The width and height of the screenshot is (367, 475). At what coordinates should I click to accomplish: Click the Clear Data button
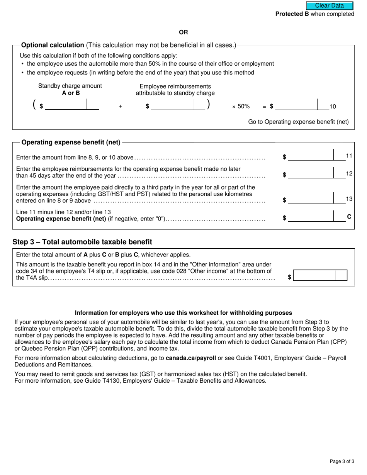pyautogui.click(x=330, y=6)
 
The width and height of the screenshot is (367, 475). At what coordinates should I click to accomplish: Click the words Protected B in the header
pyautogui.click(x=292, y=14)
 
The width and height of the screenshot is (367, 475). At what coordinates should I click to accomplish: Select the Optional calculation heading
pyautogui.click(x=53, y=45)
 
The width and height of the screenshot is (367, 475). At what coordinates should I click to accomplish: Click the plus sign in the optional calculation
pyautogui.click(x=121, y=107)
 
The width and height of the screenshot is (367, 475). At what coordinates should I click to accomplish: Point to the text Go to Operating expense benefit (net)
pyautogui.click(x=298, y=122)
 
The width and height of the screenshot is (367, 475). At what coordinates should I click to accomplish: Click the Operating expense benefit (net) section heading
pyautogui.click(x=71, y=142)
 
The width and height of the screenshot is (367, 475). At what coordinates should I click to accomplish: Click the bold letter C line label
pyautogui.click(x=349, y=217)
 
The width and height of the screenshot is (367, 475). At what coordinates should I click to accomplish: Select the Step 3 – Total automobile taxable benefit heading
pyautogui.click(x=82, y=242)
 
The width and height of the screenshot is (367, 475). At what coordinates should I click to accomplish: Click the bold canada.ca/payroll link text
pyautogui.click(x=191, y=358)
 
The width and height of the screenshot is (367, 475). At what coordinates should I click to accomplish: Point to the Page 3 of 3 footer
pyautogui.click(x=342, y=461)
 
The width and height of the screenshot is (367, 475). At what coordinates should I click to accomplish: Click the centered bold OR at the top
pyautogui.click(x=183, y=32)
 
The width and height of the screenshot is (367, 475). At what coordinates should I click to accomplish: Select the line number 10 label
pyautogui.click(x=333, y=107)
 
